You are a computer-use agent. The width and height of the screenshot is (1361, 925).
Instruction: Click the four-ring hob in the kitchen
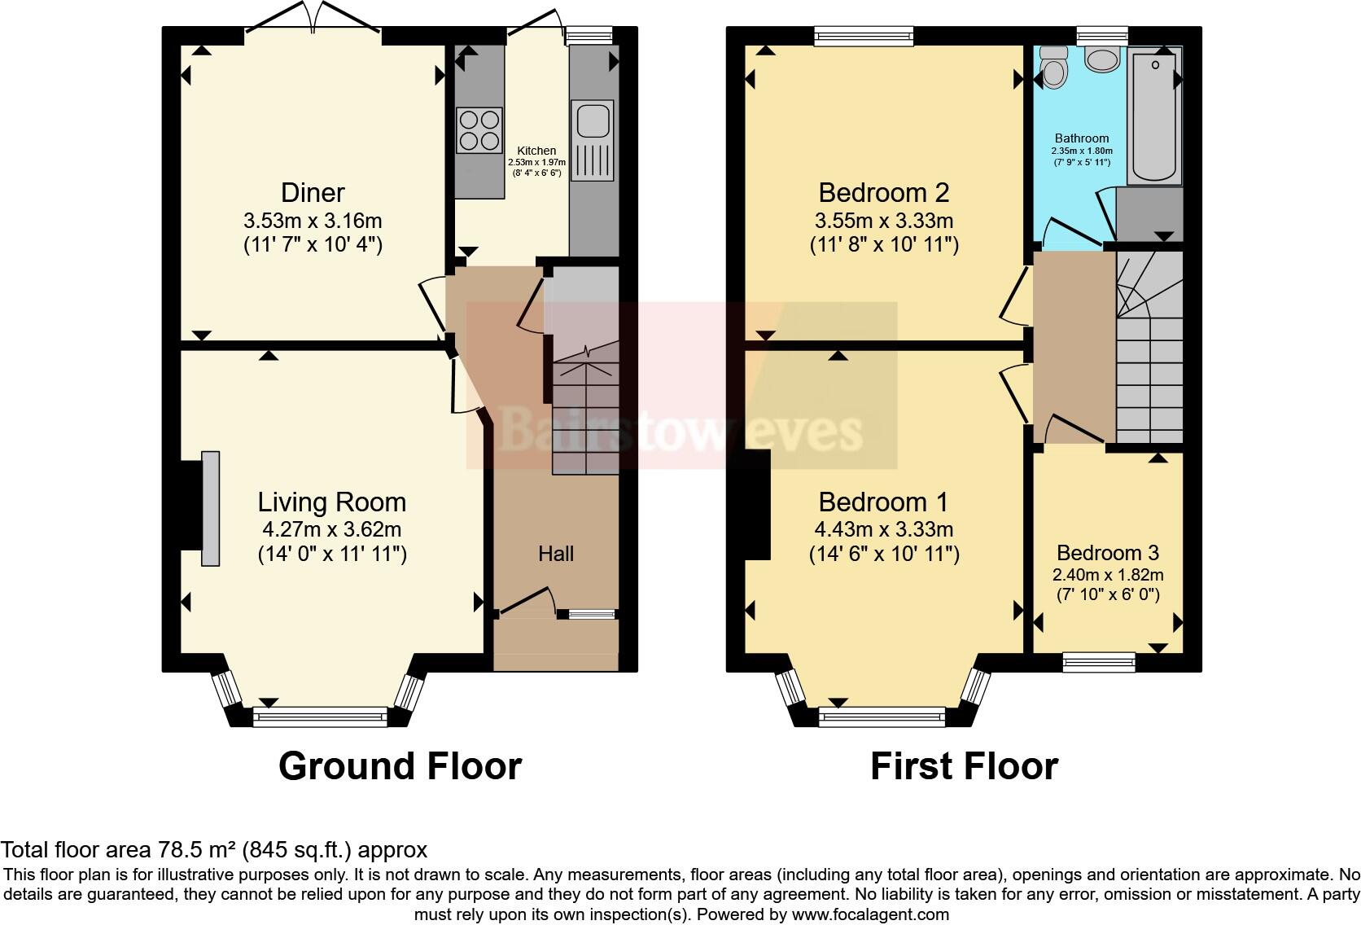tap(479, 130)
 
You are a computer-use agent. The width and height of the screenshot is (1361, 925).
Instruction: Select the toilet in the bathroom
tap(1054, 66)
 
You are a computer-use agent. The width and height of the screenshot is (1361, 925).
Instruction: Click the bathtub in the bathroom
tap(1156, 114)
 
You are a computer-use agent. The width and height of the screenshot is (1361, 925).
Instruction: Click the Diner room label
tap(313, 193)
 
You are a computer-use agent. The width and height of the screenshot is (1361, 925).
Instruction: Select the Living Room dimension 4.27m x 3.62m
tap(331, 529)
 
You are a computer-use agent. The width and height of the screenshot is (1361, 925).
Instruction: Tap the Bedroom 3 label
tap(1108, 554)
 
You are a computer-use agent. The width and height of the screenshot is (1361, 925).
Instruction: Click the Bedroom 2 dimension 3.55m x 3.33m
tap(883, 221)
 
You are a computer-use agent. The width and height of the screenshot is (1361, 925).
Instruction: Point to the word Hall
tap(556, 555)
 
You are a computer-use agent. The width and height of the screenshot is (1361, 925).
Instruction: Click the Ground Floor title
tap(400, 766)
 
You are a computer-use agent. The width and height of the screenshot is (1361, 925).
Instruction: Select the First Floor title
tap(964, 766)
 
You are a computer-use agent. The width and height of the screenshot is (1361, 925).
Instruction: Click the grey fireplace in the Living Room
tap(211, 508)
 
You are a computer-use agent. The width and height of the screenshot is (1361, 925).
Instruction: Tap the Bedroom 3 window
tap(1099, 662)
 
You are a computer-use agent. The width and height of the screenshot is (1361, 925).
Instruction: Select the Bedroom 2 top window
tap(864, 35)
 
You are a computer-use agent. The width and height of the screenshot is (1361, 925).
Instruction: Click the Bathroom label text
tap(1082, 138)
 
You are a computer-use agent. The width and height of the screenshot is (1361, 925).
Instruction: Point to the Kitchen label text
tap(537, 151)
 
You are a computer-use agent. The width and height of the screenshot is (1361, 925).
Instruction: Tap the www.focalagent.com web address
tap(870, 914)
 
